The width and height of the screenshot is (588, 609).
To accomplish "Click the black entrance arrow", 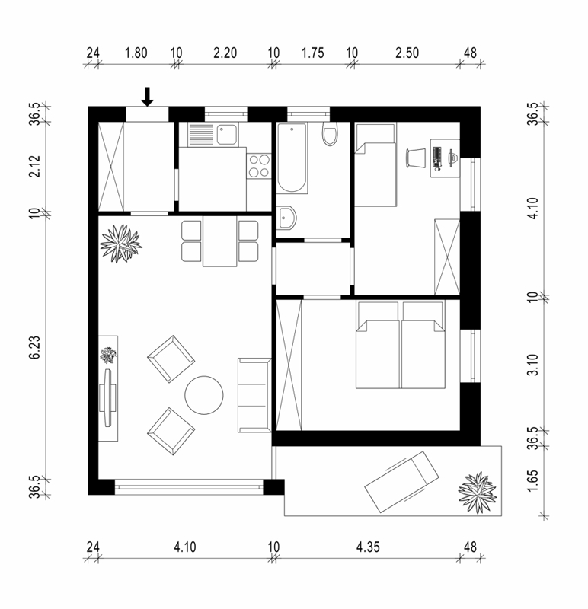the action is [x=147, y=97].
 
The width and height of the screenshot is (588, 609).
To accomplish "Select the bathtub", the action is [x=292, y=158].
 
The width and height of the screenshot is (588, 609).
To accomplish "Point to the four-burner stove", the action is [x=259, y=165].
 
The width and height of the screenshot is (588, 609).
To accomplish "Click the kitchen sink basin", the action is [x=226, y=134].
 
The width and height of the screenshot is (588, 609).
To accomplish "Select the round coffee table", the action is [x=204, y=394].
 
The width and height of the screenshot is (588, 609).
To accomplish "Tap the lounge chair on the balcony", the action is [x=401, y=482].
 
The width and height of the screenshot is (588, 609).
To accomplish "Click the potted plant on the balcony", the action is [x=478, y=492].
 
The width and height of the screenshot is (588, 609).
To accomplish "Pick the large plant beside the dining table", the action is [x=120, y=244].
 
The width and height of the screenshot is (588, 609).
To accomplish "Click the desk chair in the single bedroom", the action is [x=415, y=158].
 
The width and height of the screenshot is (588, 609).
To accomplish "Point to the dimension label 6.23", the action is [x=34, y=347].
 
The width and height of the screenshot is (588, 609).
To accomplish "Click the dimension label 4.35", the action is [x=368, y=547].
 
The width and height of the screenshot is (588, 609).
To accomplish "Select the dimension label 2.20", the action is [x=225, y=53].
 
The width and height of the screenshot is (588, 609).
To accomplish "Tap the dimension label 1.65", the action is [x=533, y=480].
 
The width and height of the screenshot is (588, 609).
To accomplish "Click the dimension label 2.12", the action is [x=34, y=166].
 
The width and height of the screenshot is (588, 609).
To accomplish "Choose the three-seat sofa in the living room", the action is [x=254, y=395].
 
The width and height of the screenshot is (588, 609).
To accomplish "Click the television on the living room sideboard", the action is [x=107, y=397].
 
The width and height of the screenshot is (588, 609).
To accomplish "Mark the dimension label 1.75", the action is [x=312, y=53].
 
